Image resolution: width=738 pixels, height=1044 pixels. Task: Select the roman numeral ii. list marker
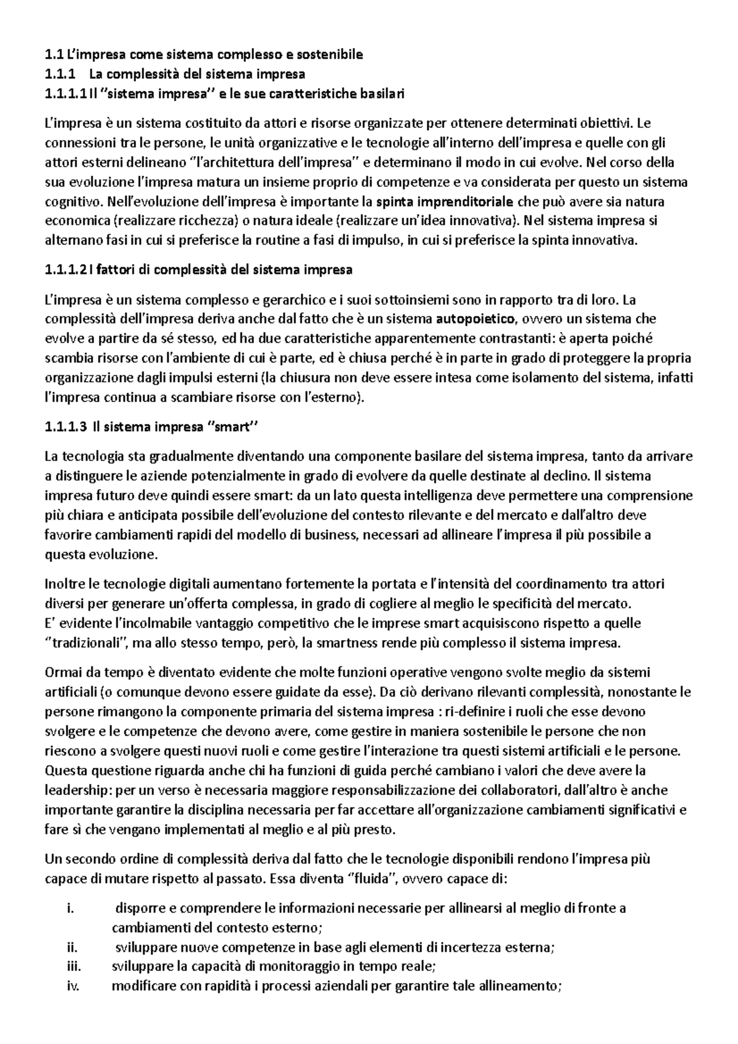(x=70, y=947)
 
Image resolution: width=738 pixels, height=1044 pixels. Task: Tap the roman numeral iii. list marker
(x=72, y=967)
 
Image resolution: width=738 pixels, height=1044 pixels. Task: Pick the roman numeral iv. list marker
(x=71, y=987)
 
